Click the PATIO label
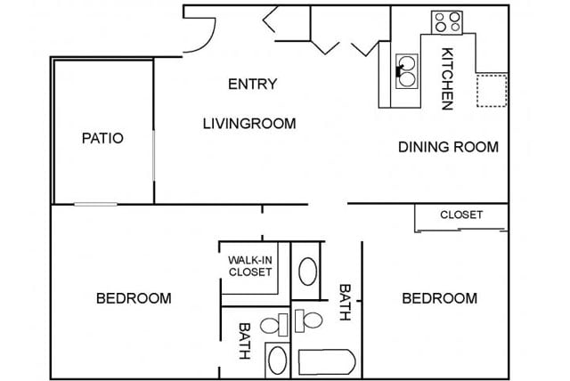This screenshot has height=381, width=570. (102, 138)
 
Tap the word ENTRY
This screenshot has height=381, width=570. (253, 84)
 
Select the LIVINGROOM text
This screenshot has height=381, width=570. (249, 124)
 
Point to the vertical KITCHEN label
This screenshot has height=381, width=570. (447, 78)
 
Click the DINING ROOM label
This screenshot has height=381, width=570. (448, 147)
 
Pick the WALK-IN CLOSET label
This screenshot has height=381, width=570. (250, 266)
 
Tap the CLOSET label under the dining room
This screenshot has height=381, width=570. (461, 215)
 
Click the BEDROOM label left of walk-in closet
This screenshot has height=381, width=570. (134, 298)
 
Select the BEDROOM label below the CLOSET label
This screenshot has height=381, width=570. (439, 298)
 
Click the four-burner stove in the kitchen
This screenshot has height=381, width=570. (447, 22)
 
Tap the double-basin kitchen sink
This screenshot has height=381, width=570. (406, 71)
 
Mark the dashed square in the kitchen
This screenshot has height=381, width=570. (492, 91)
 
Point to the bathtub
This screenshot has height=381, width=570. (327, 361)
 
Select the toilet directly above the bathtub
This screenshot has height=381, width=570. (308, 320)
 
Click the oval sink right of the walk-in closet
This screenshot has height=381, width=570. (307, 272)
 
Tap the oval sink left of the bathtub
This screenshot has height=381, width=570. (277, 360)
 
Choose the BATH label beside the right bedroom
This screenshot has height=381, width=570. (345, 302)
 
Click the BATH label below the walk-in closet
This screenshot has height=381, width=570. (244, 341)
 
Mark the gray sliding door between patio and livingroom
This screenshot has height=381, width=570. (154, 156)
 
